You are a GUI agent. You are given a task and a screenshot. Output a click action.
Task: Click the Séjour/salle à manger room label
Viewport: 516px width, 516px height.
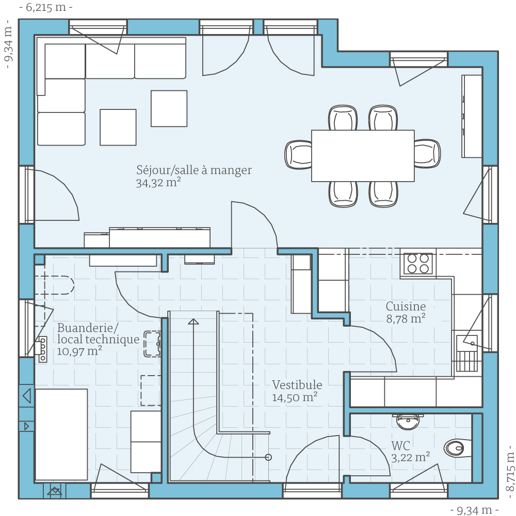pyautogui.click(x=194, y=170)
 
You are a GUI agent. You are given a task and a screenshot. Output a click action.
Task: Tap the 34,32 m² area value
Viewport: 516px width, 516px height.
pyautogui.click(x=158, y=183)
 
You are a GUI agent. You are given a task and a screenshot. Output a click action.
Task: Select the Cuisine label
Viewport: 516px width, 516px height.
pyautogui.click(x=406, y=307)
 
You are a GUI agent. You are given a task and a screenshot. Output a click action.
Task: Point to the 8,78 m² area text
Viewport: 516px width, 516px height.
pyautogui.click(x=406, y=319)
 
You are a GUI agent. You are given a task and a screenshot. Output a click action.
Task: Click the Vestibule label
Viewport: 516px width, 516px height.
pyautogui.click(x=297, y=385)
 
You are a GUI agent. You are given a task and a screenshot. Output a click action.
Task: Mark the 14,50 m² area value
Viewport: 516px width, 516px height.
pyautogui.click(x=294, y=397)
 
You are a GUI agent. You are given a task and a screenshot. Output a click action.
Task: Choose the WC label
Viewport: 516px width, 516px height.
pyautogui.click(x=400, y=446)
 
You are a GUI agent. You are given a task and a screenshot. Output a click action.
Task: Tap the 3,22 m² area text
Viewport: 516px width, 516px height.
pyautogui.click(x=411, y=458)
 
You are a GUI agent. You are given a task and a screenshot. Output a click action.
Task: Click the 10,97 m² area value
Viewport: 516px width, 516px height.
pyautogui.click(x=79, y=351)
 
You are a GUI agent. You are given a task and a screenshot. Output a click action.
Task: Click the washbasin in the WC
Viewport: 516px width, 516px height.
pyautogui.click(x=409, y=421)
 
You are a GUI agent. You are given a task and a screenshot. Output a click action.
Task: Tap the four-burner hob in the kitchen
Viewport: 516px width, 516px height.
pyautogui.click(x=417, y=263)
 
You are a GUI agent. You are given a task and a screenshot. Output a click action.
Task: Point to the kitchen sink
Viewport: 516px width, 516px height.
pyautogui.click(x=467, y=343)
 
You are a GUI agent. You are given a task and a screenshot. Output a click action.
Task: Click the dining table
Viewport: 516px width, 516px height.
pyautogui.click(x=363, y=156)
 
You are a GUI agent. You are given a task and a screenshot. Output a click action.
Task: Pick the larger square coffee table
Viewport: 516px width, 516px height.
pyautogui.click(x=169, y=108)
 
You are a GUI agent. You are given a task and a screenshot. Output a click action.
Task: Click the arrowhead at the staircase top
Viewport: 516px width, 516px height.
pyautogui.click(x=193, y=322)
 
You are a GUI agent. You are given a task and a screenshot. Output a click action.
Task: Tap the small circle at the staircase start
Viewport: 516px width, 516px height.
pyautogui.click(x=268, y=457)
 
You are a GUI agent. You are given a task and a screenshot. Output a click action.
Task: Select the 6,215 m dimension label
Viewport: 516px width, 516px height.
pyautogui.click(x=46, y=8)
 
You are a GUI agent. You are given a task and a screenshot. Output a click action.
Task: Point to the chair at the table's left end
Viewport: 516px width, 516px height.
pyautogui.click(x=299, y=154)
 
